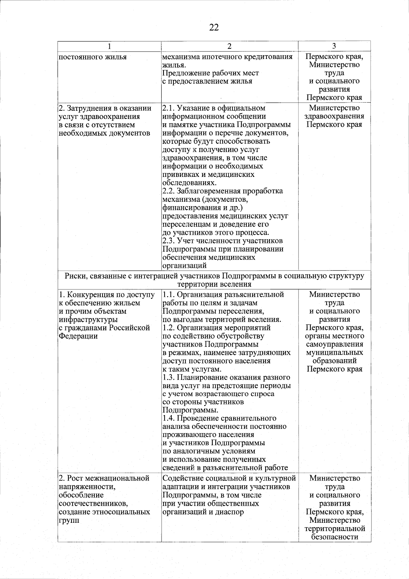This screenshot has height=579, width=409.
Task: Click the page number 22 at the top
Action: click(x=214, y=28)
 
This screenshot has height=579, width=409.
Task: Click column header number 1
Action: click(x=109, y=46)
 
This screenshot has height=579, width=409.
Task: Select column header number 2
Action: click(x=230, y=46)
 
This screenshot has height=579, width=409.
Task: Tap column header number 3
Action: click(x=334, y=46)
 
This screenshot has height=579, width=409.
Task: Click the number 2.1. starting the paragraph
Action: click(x=168, y=108)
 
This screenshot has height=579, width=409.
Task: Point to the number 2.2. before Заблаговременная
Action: click(x=168, y=191)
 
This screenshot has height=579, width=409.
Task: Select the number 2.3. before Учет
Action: click(x=168, y=241)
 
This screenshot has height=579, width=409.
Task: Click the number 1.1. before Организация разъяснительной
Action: click(x=168, y=294)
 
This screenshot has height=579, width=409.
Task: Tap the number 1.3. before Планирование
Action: click(x=168, y=377)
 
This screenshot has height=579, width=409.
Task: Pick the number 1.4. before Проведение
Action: click(x=168, y=418)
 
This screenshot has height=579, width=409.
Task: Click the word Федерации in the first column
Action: click(x=78, y=336)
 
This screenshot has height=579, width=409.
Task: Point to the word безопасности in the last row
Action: click(x=334, y=537)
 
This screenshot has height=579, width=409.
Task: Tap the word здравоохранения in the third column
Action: click(x=334, y=116)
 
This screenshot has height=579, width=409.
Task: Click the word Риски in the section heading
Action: click(x=75, y=276)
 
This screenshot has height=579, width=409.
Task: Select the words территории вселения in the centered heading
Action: click(x=214, y=284)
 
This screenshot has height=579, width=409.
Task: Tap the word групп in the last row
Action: click(x=69, y=520)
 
